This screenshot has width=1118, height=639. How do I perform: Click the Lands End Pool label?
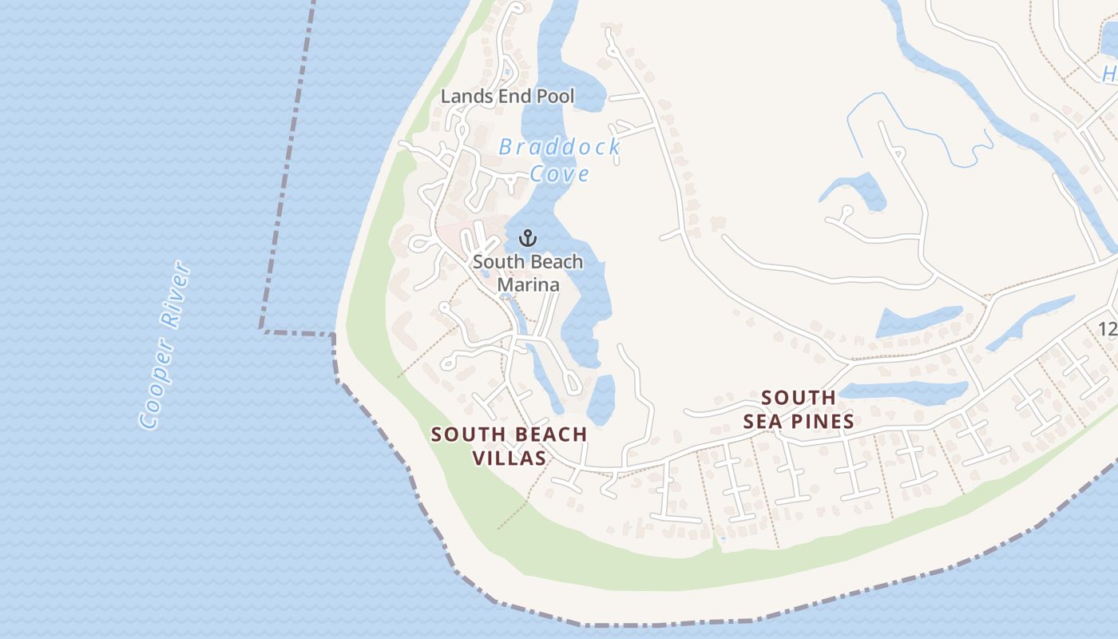(507, 97)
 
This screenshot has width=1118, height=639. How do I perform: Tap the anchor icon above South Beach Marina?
(527, 237)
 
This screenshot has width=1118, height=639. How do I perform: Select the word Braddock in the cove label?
(559, 147)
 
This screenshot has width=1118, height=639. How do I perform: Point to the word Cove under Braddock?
(560, 174)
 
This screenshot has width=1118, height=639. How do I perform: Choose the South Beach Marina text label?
(528, 272)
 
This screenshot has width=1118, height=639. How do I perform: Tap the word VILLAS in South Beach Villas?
(509, 458)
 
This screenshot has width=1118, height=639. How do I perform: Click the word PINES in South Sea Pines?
(821, 421)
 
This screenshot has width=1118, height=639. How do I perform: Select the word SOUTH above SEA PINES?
(799, 397)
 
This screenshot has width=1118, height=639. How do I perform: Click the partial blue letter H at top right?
(1110, 74)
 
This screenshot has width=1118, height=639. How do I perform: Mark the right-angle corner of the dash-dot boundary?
(262, 329)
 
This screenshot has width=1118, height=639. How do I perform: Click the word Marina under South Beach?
(528, 284)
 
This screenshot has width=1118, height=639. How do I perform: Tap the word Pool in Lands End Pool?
(555, 97)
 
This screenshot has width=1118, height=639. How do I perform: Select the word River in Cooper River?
(176, 294)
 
